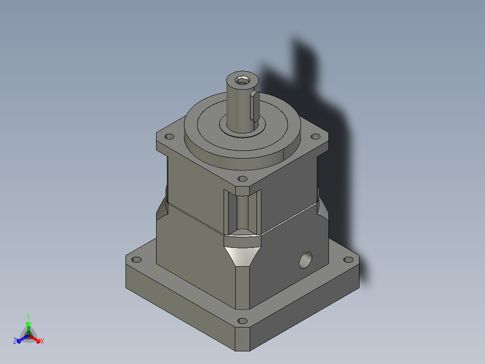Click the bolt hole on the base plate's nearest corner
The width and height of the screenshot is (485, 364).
point(242,321)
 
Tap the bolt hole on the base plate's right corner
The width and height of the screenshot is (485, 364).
point(348,260)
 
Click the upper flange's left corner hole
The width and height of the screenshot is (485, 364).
point(170,136)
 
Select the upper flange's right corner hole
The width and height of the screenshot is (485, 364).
point(315,136)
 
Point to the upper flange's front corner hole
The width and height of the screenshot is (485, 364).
point(242,179)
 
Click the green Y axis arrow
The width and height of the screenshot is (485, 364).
point(28,323)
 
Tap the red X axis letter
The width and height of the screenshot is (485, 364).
point(42,341)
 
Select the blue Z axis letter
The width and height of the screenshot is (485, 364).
point(15,341)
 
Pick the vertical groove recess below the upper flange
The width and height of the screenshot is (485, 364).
point(242,212)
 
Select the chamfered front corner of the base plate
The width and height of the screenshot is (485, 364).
point(242,338)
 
